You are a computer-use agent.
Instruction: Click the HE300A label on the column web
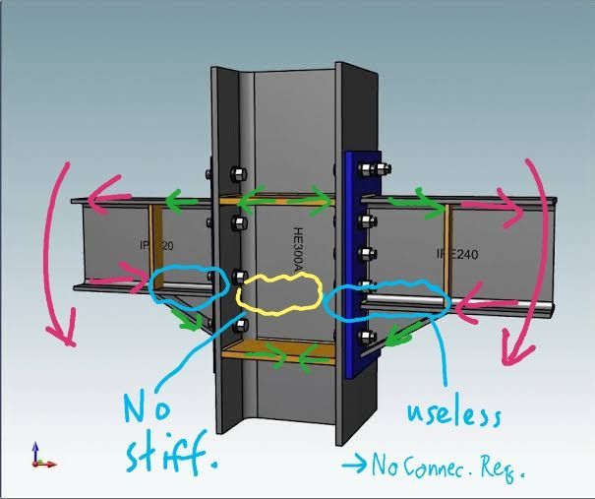coord(300,249)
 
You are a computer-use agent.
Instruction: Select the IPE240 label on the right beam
coord(457,255)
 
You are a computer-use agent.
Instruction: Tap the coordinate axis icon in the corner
coord(41,455)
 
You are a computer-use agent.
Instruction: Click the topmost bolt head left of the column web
coord(236,176)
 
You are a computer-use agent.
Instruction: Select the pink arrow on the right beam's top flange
coord(489,207)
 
